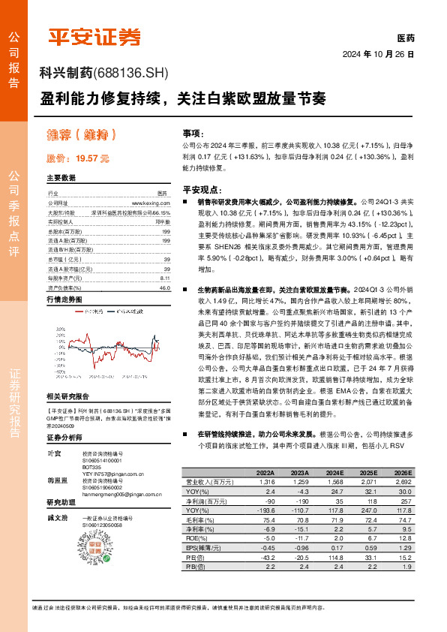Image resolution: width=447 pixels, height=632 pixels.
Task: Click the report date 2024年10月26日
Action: pyautogui.click(x=379, y=54)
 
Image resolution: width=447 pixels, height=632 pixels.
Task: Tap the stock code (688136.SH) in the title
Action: pyautogui.click(x=132, y=73)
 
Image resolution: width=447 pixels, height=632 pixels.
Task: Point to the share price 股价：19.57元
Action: pyautogui.click(x=77, y=158)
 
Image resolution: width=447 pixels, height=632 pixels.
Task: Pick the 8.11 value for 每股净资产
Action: pyautogui.click(x=165, y=278)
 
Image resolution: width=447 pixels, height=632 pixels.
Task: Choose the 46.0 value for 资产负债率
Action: pyautogui.click(x=164, y=287)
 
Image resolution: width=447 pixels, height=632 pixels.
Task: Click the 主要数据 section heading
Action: pyautogui.click(x=61, y=179)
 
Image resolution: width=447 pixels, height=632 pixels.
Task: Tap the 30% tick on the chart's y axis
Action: pyautogui.click(x=62, y=328)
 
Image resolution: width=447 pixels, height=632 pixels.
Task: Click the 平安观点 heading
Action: pyautogui.click(x=200, y=190)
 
